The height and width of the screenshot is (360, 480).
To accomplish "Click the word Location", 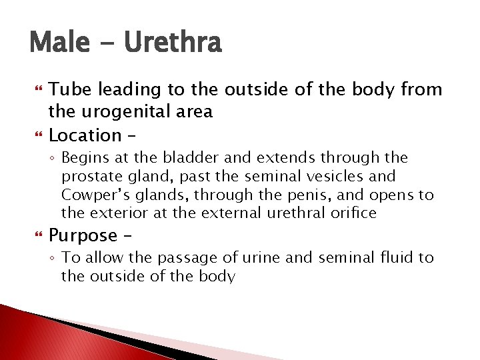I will (x=85, y=135).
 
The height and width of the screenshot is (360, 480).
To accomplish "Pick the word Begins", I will (x=82, y=159).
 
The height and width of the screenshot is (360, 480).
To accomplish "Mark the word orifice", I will (x=357, y=213).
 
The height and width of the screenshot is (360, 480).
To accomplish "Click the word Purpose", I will (x=83, y=235).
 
